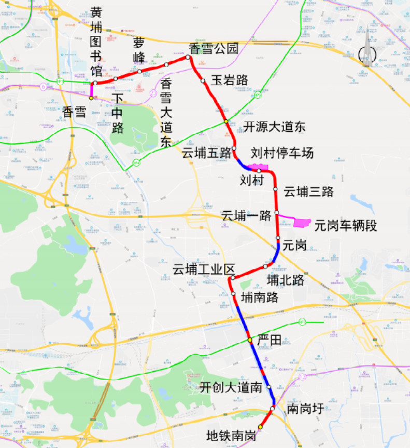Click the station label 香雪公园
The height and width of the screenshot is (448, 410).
click(x=213, y=49)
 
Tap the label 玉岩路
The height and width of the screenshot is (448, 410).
click(x=229, y=80)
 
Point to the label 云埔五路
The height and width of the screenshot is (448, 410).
click(x=206, y=153)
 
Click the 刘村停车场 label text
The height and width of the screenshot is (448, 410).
click(x=282, y=153)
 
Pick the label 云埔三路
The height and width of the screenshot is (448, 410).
click(x=309, y=191)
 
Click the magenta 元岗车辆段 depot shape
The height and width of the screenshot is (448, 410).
click(x=302, y=223)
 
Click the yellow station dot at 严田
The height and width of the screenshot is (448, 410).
click(x=250, y=340)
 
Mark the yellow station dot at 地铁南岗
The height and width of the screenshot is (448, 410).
click(x=260, y=427)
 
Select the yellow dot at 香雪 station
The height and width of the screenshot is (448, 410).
click(x=91, y=98)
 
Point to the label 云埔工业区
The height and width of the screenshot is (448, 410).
click(x=204, y=269)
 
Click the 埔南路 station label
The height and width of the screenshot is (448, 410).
click(x=260, y=297)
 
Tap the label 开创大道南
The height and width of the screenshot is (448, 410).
click(x=231, y=387)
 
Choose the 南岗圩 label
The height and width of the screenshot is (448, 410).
click(x=305, y=409)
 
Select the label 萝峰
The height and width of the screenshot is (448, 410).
click(x=139, y=50)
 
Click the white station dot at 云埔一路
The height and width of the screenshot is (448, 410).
click(x=277, y=212)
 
